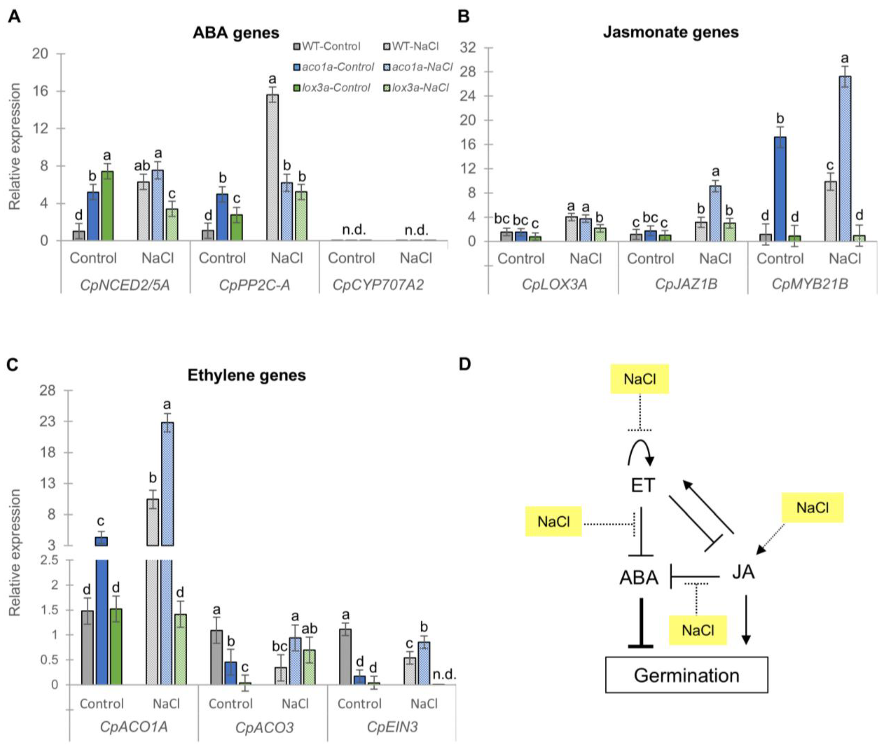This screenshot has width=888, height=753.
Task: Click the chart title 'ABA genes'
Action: (236, 33)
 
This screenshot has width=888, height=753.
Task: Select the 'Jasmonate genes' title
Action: (671, 32)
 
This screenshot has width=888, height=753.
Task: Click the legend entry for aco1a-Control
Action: (333, 67)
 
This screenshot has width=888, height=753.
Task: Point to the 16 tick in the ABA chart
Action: (41, 91)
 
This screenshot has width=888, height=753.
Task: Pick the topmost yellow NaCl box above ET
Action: (640, 379)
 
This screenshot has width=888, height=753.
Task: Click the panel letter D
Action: (464, 364)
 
